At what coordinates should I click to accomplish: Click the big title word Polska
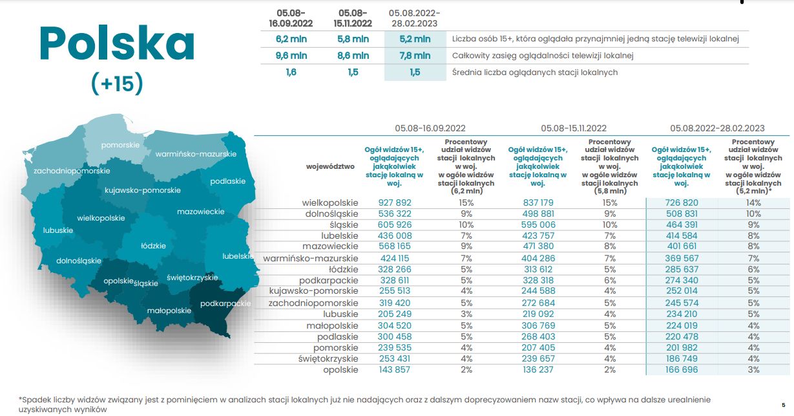117,44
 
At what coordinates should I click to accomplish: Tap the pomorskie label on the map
120,145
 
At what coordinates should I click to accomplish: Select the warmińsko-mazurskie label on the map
196,154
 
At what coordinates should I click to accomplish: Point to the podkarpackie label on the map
225,303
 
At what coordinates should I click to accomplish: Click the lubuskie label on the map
57,230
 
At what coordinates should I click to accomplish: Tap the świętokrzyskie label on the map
192,277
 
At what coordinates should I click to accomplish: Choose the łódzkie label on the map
154,246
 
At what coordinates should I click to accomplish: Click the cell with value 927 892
394,203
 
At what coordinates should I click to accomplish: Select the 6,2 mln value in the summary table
291,39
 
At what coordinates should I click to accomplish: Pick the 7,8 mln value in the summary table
414,56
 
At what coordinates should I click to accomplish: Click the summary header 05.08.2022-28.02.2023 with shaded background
414,17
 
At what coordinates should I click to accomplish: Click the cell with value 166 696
681,369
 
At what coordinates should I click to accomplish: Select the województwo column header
331,166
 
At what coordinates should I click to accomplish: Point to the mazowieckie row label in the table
330,246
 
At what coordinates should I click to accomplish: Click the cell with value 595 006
538,224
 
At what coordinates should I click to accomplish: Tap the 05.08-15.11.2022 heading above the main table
574,128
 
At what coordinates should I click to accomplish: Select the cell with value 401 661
681,246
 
